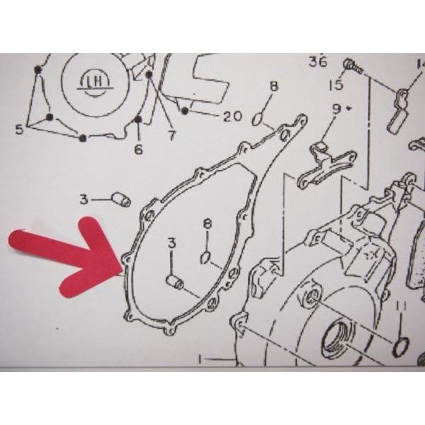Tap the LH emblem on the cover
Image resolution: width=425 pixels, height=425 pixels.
tap(94, 82)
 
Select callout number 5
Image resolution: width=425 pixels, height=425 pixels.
tap(19, 130)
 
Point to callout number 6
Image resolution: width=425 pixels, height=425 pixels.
tap(139, 149)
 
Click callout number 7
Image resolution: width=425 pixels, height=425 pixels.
tap(171, 135)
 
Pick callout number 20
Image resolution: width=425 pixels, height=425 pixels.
tap(232, 116)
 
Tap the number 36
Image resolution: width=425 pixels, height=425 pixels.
tap(318, 62)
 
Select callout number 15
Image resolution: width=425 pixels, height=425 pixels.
tap(336, 84)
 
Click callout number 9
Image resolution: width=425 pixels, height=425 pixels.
tap(336, 109)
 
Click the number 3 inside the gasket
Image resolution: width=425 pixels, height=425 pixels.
tap(172, 243)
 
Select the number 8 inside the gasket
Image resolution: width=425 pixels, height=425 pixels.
tap(208, 225)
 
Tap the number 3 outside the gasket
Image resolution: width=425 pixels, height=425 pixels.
tap(84, 200)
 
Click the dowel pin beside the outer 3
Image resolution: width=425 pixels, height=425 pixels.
tap(121, 200)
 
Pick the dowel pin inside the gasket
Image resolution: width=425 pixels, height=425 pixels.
tap(175, 282)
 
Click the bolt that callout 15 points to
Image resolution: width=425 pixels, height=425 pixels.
tap(353, 67)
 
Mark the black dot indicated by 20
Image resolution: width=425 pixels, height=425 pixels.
tap(185, 110)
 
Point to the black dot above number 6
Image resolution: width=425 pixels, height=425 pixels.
tap(139, 119)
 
